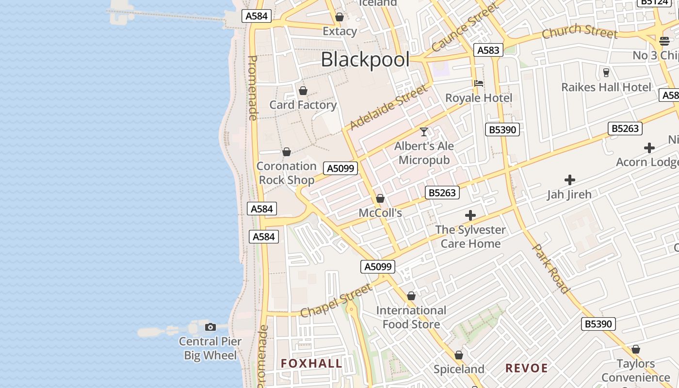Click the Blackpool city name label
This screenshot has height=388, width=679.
365,60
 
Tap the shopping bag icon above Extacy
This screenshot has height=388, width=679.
339,17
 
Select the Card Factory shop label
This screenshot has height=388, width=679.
303,105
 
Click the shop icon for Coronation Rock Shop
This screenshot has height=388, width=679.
287,152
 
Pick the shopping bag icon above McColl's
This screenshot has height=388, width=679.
380,199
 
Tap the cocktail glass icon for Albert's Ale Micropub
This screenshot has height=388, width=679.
424,132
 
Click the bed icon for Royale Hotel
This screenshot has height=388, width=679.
479,83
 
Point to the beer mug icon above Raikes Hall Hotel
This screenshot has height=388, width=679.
606,73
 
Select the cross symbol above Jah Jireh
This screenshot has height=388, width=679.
570,180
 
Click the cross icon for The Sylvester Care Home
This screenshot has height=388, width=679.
470,215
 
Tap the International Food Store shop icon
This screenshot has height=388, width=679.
411,296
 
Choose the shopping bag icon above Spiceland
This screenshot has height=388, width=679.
459,356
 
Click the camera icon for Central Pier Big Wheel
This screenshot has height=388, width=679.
210,327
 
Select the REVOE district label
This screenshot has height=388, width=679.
527,368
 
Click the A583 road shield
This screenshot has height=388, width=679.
488,50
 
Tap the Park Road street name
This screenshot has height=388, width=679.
551,269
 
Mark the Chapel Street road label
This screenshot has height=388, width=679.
336,301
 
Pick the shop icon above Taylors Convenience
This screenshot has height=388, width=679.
636,350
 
